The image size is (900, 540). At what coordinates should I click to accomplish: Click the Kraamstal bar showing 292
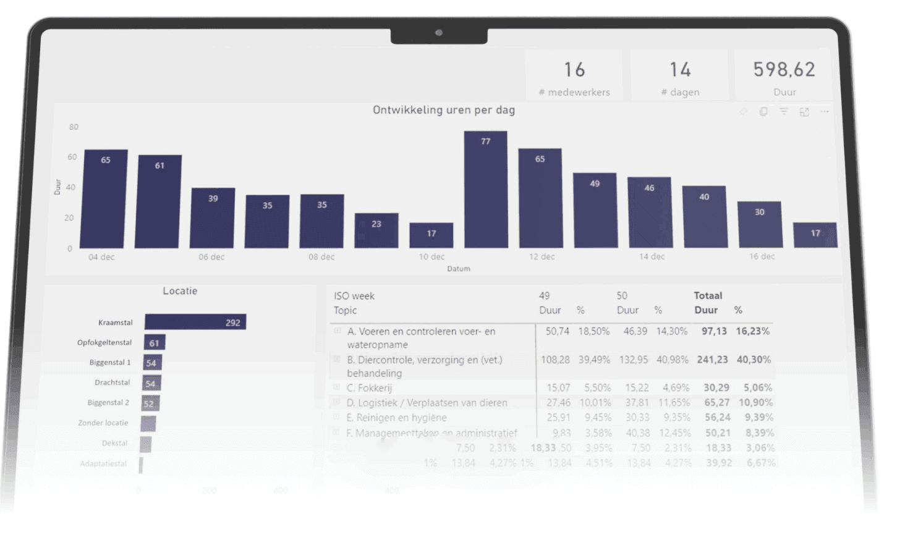[x=195, y=322]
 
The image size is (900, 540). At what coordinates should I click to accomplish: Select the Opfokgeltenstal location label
[x=104, y=342]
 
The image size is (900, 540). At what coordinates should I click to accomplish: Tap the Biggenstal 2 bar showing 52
[x=150, y=403]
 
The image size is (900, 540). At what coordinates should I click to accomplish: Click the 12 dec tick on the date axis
[x=541, y=256]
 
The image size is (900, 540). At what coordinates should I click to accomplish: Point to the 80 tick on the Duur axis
[x=74, y=127]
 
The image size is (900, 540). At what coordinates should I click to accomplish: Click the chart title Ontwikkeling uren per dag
[x=443, y=110]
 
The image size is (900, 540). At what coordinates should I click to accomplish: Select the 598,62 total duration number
[x=784, y=70]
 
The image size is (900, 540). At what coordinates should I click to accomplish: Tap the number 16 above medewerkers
[x=574, y=70]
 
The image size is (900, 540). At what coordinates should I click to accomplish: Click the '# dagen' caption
[x=680, y=92]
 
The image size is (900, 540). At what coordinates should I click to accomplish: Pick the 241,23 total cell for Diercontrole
[x=712, y=360]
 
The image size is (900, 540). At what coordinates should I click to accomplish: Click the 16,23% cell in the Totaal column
[x=752, y=331]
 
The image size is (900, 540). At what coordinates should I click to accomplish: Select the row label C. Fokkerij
[x=369, y=388]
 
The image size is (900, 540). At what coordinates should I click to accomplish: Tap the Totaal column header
[x=708, y=295]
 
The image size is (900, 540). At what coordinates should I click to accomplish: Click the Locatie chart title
[x=180, y=291]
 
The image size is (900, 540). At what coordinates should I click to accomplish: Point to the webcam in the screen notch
[x=439, y=33]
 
